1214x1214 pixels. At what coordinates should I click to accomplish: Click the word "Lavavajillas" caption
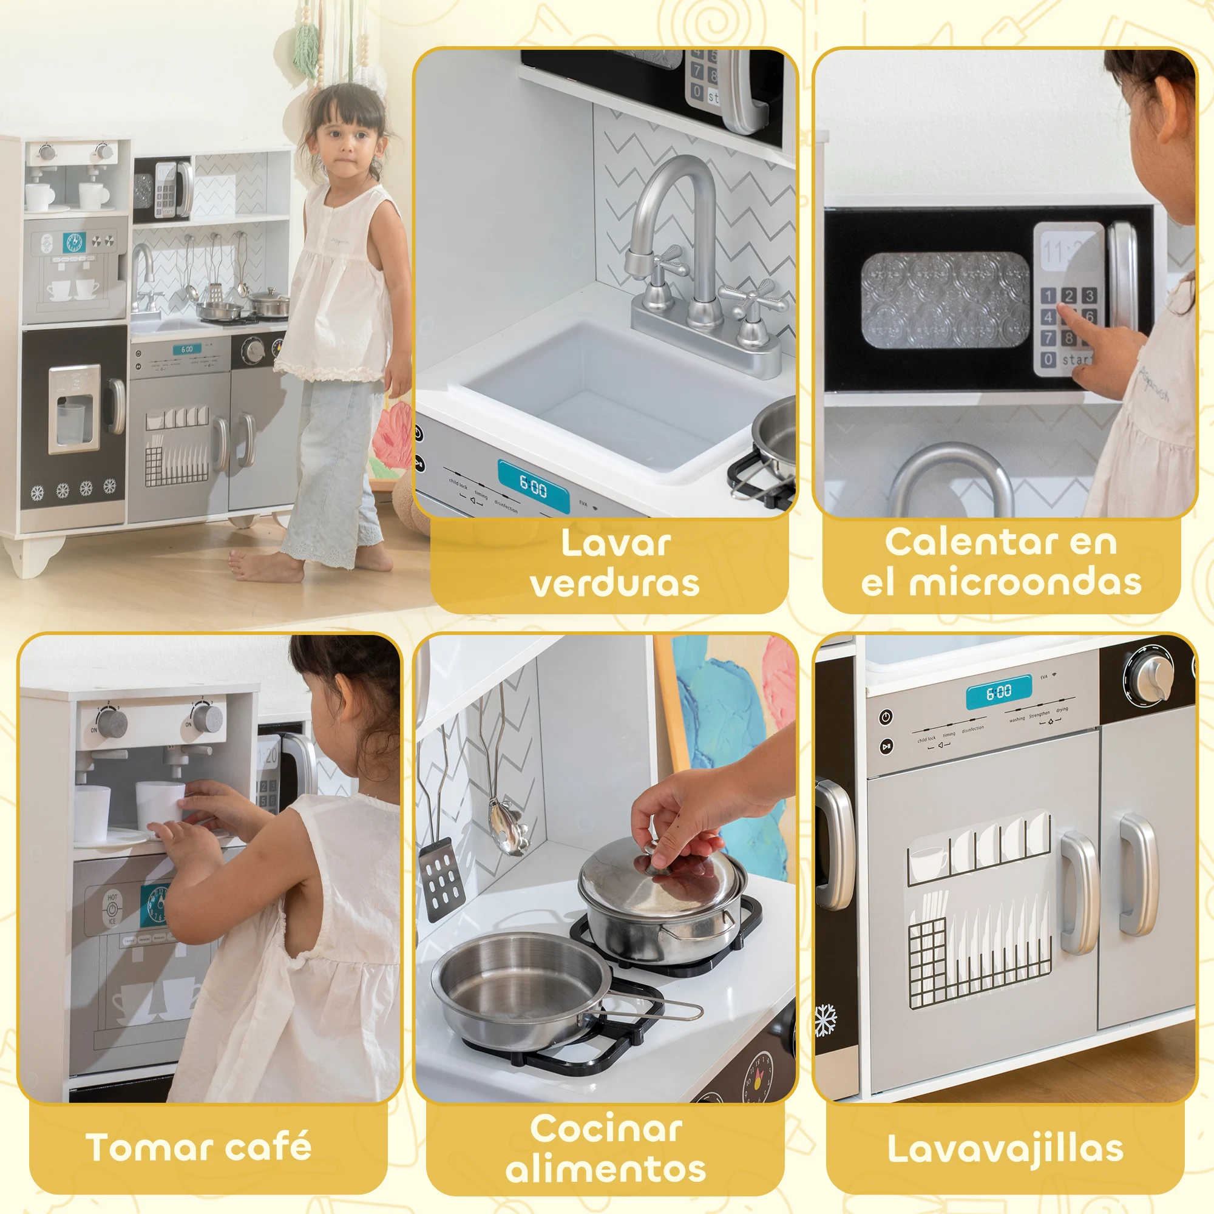1005,1149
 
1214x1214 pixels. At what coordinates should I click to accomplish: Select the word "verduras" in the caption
614,583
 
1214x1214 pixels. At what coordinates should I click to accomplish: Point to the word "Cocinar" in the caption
606,1128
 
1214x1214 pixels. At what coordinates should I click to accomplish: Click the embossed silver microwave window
944,300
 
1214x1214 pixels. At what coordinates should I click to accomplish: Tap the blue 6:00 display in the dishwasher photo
999,693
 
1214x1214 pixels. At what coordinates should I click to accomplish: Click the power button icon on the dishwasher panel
886,716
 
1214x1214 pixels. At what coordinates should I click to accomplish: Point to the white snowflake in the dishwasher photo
825,1020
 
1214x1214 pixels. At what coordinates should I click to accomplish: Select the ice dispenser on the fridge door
74,409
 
